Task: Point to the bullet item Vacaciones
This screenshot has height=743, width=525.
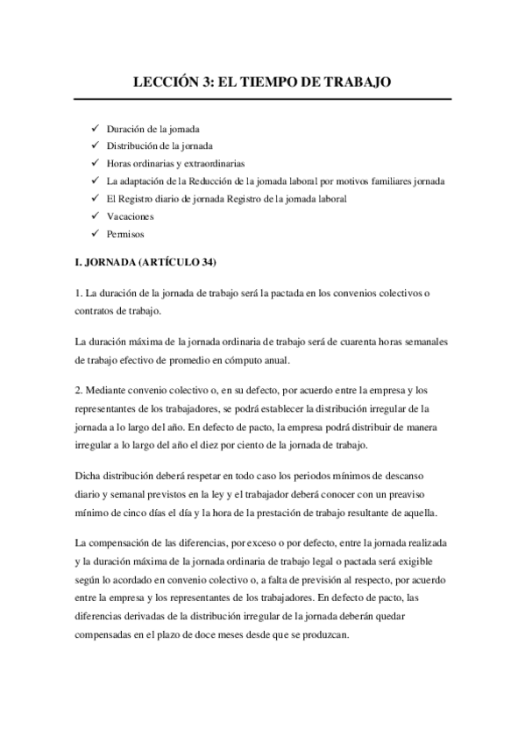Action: (130, 216)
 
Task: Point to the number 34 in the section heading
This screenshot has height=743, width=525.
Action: (206, 263)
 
